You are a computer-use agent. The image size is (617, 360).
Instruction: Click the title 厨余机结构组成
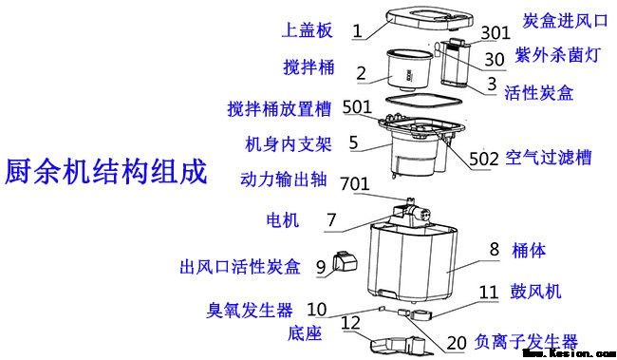pyautogui.click(x=104, y=174)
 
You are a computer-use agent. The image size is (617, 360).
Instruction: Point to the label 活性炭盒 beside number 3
pyautogui.click(x=544, y=91)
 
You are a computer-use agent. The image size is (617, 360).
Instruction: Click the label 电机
pyautogui.click(x=281, y=221)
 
